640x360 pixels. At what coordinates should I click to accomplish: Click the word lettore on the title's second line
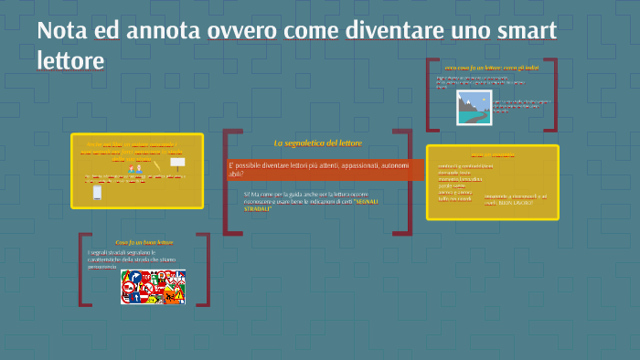[70, 60]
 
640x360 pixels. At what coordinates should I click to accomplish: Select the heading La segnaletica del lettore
[318, 143]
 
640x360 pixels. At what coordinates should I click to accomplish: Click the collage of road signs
[153, 286]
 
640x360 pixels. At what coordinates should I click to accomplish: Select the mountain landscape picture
[475, 107]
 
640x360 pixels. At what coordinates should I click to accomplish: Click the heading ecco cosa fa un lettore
[478, 68]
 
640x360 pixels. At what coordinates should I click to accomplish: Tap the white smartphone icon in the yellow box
[97, 193]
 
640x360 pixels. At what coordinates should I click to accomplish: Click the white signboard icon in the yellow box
[177, 162]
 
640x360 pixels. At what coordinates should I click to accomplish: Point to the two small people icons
[135, 169]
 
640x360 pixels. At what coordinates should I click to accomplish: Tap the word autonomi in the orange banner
[396, 164]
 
